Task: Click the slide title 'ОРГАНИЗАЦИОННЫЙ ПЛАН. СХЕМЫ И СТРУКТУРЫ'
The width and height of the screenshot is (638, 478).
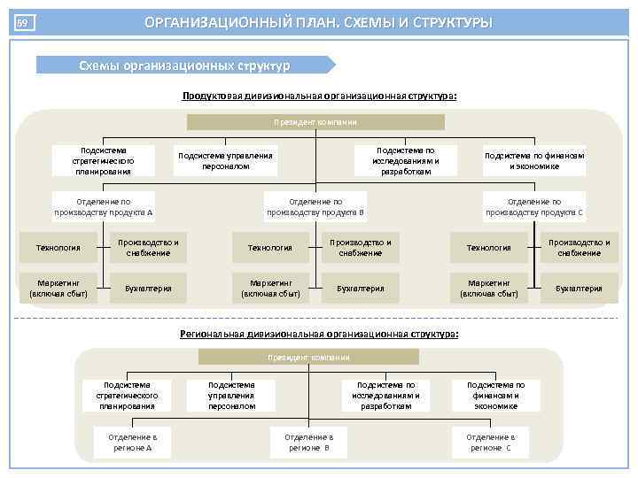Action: [x=319, y=22]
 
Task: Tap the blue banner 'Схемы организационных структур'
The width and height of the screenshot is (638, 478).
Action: [x=184, y=65]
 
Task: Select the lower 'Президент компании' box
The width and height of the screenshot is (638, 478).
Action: [x=308, y=357]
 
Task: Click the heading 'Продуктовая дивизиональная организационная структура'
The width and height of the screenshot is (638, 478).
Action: [x=319, y=96]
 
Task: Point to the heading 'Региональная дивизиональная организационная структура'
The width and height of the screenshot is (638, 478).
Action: [x=319, y=334]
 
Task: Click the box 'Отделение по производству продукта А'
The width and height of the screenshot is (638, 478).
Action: [x=104, y=207]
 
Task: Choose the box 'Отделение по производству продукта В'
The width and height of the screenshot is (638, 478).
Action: [x=315, y=207]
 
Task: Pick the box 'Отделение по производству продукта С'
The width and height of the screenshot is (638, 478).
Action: [x=534, y=207]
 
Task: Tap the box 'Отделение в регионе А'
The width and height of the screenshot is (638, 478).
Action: [x=132, y=443]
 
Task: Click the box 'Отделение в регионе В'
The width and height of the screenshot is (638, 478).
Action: [x=308, y=443]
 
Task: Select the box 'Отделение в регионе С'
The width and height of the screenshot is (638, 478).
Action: [x=490, y=443]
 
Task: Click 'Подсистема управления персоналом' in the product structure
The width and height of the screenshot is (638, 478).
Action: [x=226, y=160]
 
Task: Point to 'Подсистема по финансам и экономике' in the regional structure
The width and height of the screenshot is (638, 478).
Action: [x=496, y=396]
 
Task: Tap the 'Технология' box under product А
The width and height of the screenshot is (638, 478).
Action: [x=58, y=248]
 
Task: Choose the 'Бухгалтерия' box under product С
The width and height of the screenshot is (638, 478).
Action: [x=579, y=288]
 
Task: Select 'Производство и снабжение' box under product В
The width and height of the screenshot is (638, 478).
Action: [x=360, y=248]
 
